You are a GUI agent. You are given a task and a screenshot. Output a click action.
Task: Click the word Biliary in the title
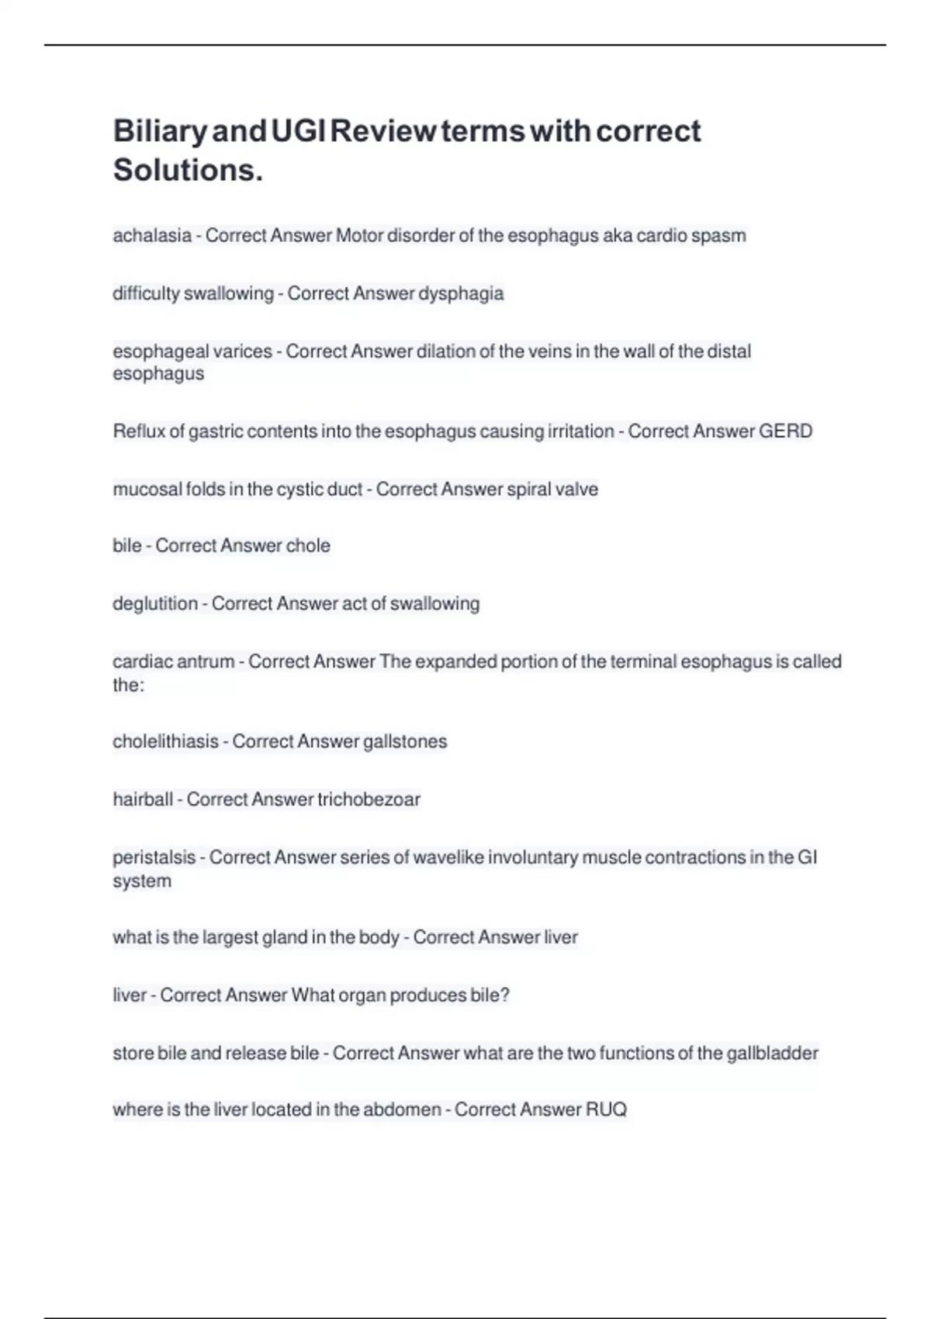pos(160,131)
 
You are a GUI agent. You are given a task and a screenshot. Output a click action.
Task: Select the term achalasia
pos(152,235)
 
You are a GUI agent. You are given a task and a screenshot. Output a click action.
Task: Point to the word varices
pos(242,351)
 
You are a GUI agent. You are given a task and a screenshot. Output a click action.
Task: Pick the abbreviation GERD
pos(785,431)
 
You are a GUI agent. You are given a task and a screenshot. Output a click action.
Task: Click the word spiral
pos(528,489)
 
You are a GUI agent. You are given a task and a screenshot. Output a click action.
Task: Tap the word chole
pos(308,545)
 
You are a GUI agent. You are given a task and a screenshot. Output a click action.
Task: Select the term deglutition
pos(155,604)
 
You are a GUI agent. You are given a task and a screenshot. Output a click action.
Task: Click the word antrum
pos(206,662)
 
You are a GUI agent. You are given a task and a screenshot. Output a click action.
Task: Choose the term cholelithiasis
pos(165,741)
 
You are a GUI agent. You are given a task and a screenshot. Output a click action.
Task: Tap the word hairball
pos(143,799)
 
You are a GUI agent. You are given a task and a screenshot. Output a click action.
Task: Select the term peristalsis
pos(154,857)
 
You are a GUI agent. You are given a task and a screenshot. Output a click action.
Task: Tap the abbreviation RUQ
pos(606,1110)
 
